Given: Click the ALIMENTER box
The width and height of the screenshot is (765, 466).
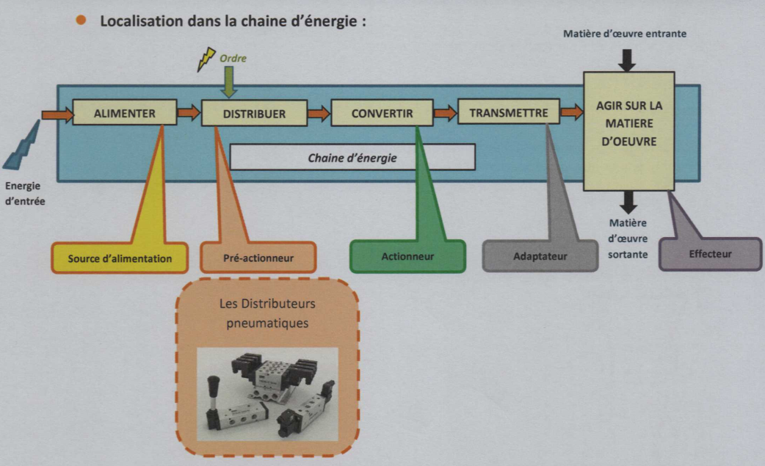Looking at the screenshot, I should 124,114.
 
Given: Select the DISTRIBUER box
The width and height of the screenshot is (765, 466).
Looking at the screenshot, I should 254,114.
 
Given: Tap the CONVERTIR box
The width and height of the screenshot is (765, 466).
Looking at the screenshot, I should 382,114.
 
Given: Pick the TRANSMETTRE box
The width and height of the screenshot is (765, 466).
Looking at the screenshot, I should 508,113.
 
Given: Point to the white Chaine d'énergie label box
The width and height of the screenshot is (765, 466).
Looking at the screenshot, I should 352,157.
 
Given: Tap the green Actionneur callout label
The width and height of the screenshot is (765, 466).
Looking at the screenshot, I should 407,257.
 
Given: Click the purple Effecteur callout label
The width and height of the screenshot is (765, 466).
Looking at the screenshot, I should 710,254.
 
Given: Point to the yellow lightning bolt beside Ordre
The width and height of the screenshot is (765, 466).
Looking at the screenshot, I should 206,59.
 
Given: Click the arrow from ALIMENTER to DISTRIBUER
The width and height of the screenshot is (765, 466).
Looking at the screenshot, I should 189,113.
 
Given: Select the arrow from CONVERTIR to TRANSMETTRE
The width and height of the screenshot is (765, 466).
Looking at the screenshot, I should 445,113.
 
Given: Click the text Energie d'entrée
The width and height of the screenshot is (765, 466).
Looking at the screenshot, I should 25,192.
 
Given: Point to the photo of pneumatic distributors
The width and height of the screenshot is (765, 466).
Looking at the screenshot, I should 267,393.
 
